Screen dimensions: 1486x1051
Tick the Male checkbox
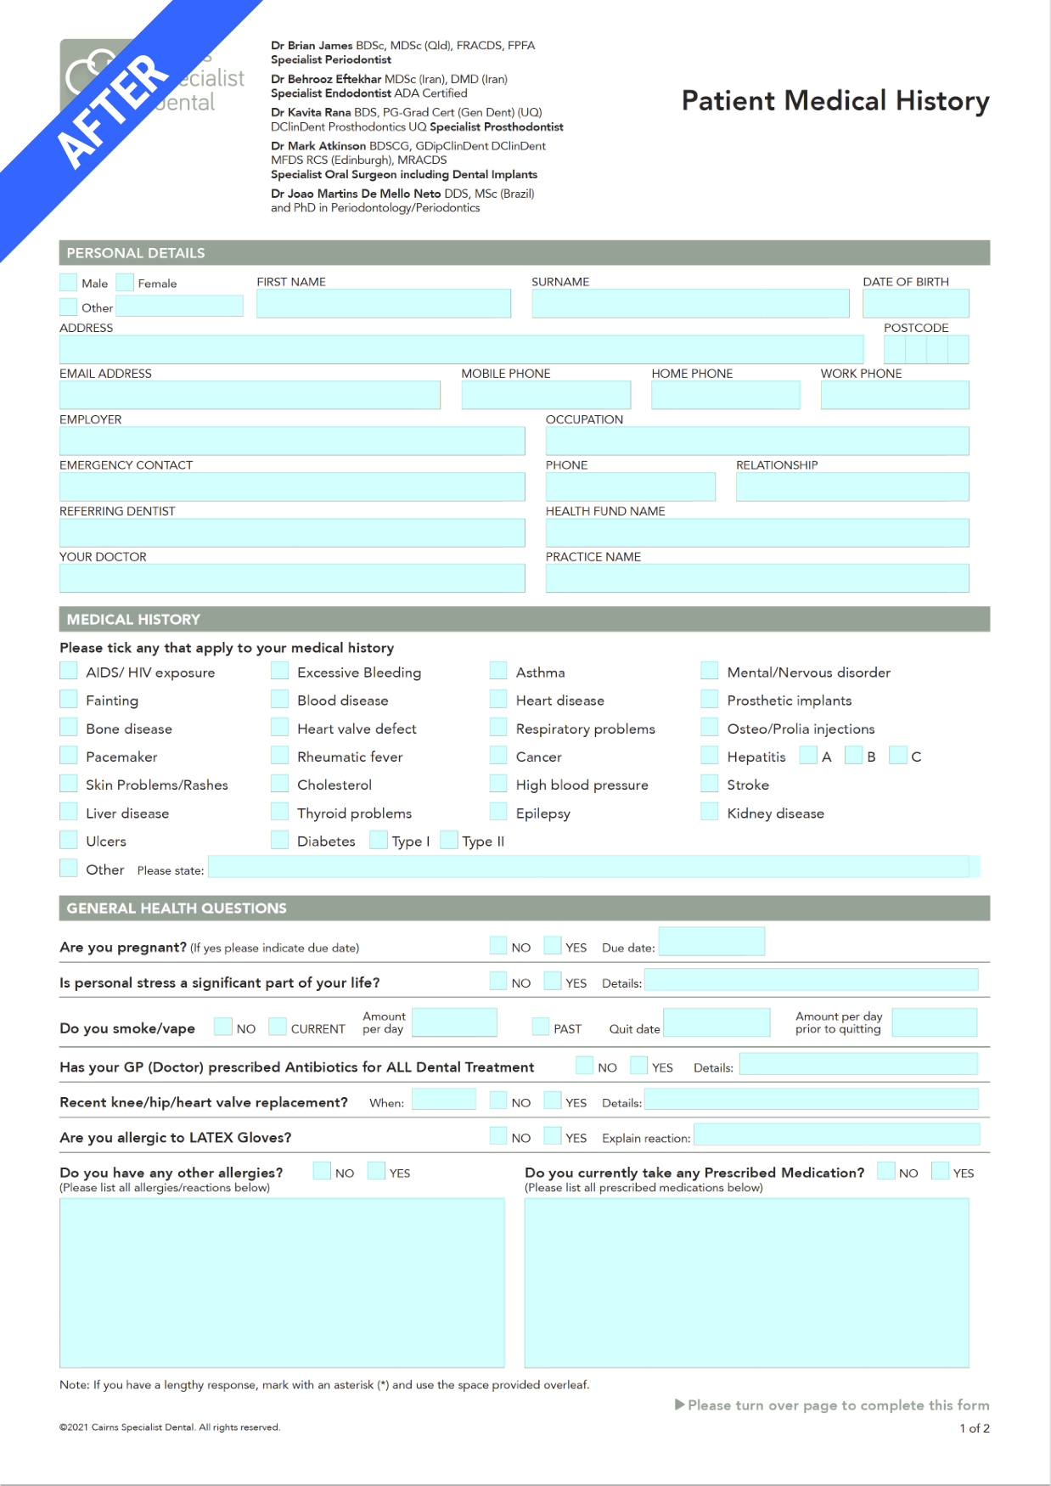click(x=69, y=282)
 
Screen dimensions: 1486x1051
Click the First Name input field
click(x=384, y=304)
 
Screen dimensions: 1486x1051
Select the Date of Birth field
click(x=915, y=304)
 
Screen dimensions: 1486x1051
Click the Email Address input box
click(x=250, y=396)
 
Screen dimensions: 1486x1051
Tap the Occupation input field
click(x=756, y=442)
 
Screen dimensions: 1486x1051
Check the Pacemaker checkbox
click(x=69, y=756)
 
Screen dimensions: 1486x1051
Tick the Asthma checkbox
click(x=498, y=672)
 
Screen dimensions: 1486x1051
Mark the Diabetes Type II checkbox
click(x=449, y=841)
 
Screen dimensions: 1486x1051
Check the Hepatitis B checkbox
click(x=853, y=756)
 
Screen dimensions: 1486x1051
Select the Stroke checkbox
click(x=710, y=784)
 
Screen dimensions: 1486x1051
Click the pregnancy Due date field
click(x=711, y=942)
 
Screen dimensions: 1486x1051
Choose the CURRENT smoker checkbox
click(x=278, y=1027)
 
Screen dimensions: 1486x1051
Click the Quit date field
click(x=717, y=1023)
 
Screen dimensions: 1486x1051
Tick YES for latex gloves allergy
click(x=553, y=1136)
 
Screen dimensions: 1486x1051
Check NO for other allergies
click(x=322, y=1171)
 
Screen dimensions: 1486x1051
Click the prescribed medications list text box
click(x=746, y=1282)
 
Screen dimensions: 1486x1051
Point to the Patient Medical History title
click(x=835, y=101)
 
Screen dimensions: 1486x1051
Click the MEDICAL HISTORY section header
click(x=133, y=619)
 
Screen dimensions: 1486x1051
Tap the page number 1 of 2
click(x=975, y=1428)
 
